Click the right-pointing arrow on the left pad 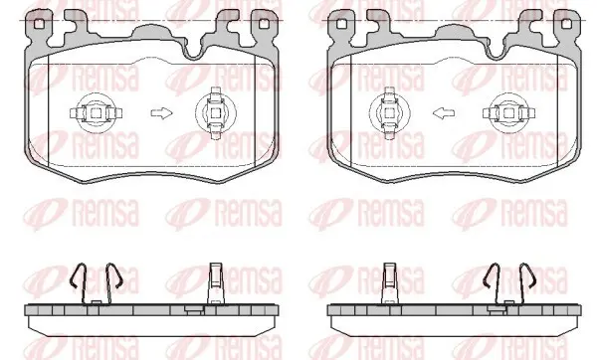tap(162, 113)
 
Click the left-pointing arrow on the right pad tap(444, 113)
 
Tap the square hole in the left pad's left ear tap(39, 24)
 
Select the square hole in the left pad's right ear tap(264, 24)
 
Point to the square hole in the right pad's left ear tap(342, 24)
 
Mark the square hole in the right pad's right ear tap(566, 24)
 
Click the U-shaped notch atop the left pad tap(193, 52)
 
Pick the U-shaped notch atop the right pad tap(497, 52)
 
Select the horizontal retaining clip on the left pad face tap(96, 113)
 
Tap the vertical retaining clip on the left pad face tap(216, 113)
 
